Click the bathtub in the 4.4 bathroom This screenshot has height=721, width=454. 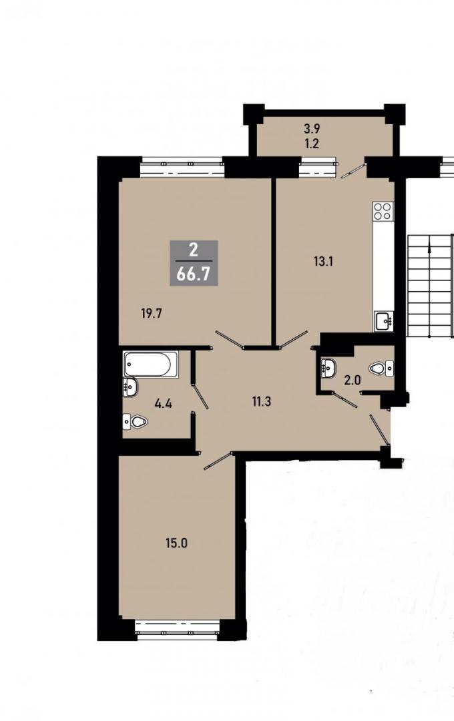pos(151,365)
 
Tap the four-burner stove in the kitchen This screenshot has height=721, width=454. pos(383,211)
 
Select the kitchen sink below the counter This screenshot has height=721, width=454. pos(384,320)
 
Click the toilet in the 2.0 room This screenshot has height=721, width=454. pos(381,369)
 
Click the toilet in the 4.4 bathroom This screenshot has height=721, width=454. pos(134,421)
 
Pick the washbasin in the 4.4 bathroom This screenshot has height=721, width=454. pos(130,387)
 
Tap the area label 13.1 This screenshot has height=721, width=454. pos(323,262)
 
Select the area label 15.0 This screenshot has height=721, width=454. pos(177,543)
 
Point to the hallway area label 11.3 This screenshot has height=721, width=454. pos(261,401)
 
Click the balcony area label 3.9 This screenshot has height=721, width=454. pos(311,130)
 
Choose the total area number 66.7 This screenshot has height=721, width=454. pos(193,274)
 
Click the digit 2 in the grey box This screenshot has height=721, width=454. pos(193,250)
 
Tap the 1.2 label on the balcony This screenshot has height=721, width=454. pos(311,144)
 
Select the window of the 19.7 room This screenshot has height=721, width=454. pos(182,168)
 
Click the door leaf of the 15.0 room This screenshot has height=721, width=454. pos(218,461)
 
